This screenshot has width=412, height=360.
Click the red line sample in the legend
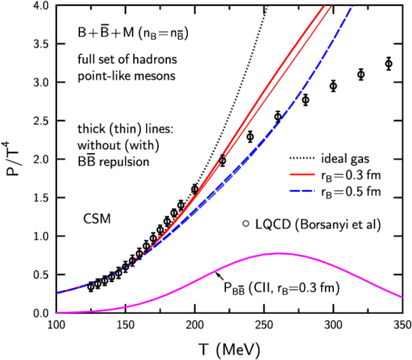tap(302, 174)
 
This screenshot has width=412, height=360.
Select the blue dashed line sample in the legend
tap(302, 191)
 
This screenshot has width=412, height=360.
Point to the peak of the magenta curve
tap(278, 253)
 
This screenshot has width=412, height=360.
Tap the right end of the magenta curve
tap(402, 297)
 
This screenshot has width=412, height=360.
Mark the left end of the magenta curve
tap(56, 313)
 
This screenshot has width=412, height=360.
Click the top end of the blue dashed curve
tap(352, 6)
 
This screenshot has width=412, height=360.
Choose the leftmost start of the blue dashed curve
tap(56, 294)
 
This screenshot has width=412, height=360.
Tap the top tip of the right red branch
tap(331, 6)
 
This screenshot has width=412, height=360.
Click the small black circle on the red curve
tap(221, 159)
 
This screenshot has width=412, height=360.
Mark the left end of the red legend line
tap(290, 174)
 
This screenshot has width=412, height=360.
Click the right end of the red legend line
tap(314, 174)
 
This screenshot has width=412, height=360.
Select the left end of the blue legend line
tap(290, 191)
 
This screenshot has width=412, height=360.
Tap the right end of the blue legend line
tap(314, 191)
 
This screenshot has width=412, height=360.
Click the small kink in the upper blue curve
tap(279, 121)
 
